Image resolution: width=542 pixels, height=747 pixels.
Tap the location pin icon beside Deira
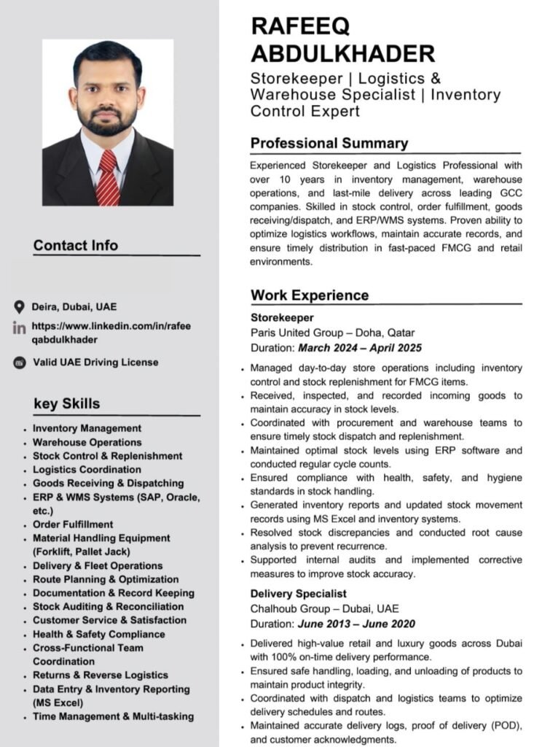coord(20,306)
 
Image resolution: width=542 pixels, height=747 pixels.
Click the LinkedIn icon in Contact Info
coord(20,328)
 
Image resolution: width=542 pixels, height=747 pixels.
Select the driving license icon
coord(20,363)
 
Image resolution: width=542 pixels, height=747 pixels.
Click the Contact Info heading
coord(75,245)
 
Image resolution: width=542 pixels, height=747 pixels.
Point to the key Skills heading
coord(67,403)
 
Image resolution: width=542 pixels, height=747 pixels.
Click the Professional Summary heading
coord(329,143)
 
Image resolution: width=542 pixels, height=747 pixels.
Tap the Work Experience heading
coord(310,295)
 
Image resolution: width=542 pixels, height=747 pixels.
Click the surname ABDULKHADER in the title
coord(342,53)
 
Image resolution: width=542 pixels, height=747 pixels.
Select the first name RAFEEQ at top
coord(300,26)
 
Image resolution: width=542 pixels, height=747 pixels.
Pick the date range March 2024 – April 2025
coord(359,348)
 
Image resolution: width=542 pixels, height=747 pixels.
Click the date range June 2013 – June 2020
coord(356,624)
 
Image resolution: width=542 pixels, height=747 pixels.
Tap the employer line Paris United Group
coord(332,333)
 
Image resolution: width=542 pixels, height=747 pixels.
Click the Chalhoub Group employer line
coord(324,608)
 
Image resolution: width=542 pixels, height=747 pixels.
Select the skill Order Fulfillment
coord(73,524)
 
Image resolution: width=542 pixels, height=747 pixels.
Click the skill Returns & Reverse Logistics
coord(100,675)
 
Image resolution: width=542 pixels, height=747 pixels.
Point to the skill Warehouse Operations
coord(87,442)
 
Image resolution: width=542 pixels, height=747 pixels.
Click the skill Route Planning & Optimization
coord(105,579)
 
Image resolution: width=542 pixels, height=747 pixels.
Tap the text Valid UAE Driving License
coord(95,363)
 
